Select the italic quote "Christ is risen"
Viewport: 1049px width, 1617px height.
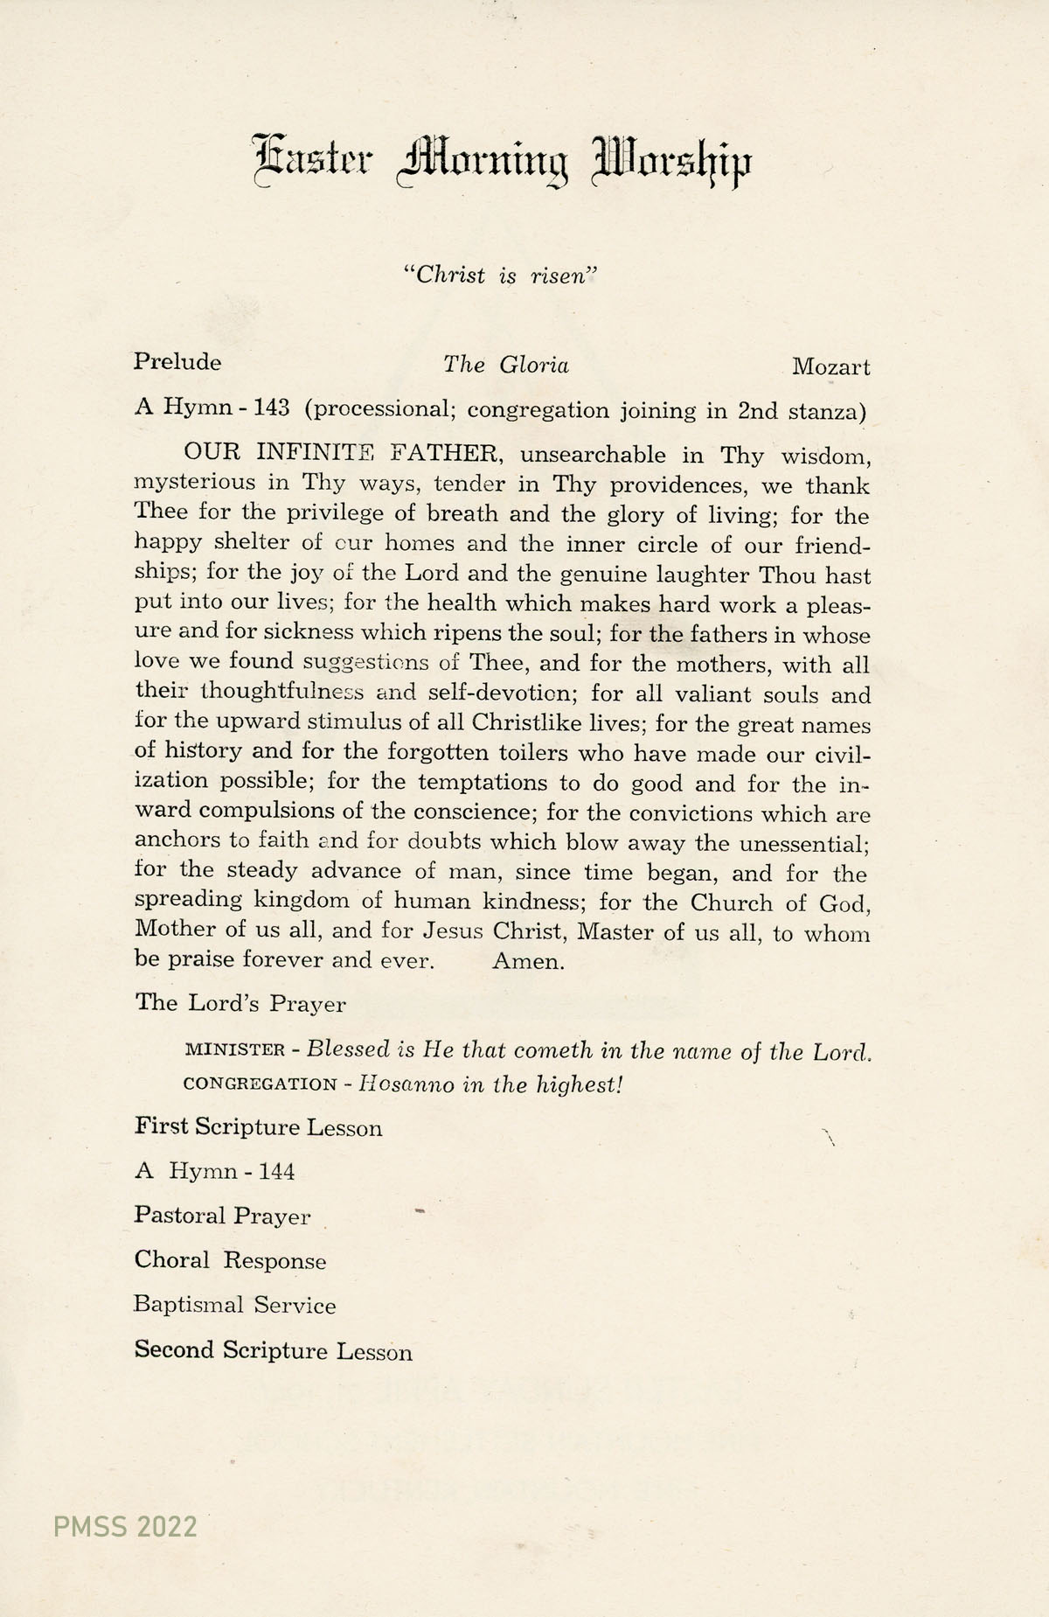coord(501,275)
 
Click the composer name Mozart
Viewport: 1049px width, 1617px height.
coord(830,367)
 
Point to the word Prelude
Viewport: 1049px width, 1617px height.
coord(177,362)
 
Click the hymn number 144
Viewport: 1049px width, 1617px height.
coord(276,1171)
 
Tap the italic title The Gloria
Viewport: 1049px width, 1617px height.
coord(506,365)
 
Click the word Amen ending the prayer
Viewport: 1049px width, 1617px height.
coord(528,962)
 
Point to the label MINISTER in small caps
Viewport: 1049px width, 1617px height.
coord(235,1050)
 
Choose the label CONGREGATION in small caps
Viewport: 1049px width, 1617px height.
coord(260,1085)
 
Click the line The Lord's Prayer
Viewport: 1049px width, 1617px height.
coord(240,1003)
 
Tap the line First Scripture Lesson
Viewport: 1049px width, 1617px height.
coord(259,1127)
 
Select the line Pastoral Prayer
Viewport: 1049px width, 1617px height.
coord(222,1216)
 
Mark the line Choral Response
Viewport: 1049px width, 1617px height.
coord(230,1261)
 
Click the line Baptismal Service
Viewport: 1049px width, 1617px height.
coord(235,1306)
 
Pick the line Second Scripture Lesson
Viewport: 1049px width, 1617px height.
coord(274,1350)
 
